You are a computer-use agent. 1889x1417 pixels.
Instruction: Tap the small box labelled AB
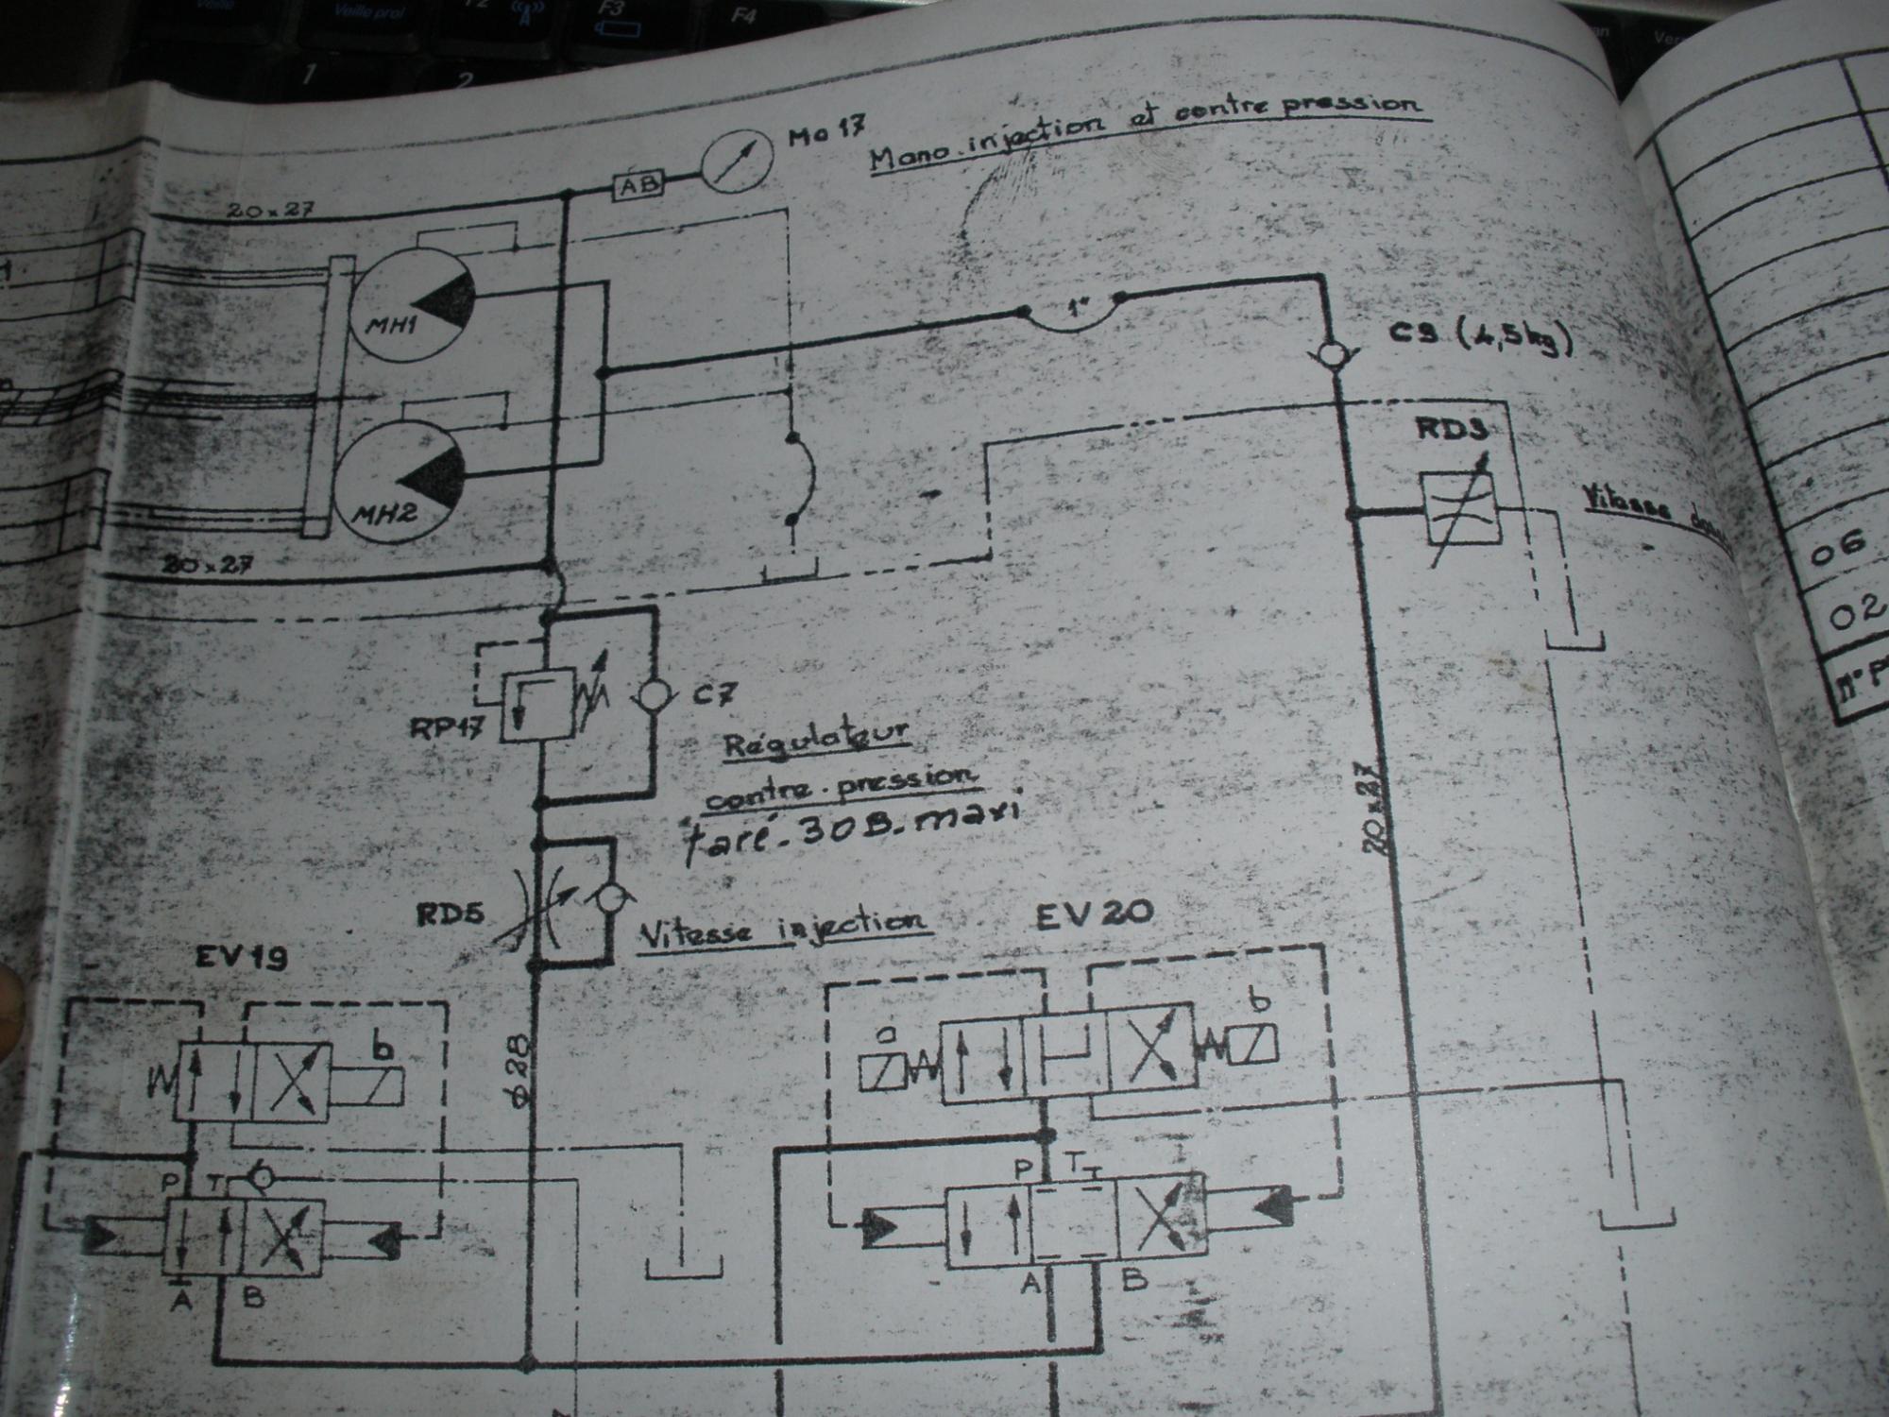point(639,185)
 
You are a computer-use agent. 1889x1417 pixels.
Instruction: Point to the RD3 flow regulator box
point(1460,509)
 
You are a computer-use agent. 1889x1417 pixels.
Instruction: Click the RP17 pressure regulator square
point(537,705)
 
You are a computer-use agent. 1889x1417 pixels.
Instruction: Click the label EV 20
point(1094,913)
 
